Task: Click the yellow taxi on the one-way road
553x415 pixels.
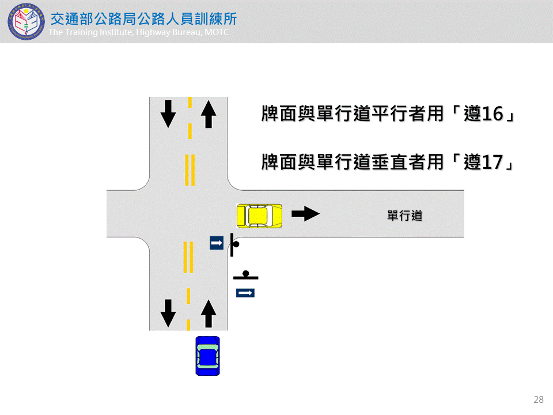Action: tap(259, 216)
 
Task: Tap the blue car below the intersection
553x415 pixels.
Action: tap(207, 356)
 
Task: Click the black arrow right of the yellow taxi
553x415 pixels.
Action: tap(305, 214)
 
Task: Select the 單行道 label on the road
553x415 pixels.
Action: tap(404, 216)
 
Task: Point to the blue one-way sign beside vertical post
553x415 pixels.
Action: tap(216, 243)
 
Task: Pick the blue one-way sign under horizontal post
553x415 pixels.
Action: tap(245, 293)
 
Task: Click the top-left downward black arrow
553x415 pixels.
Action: tap(168, 114)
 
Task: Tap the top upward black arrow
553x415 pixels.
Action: tap(208, 114)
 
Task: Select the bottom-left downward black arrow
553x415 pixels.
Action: tap(168, 313)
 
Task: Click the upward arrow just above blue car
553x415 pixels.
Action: tap(208, 314)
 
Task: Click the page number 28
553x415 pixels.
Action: tap(539, 399)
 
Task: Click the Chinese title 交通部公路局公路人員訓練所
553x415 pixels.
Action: tap(143, 18)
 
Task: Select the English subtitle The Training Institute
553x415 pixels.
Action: tap(138, 32)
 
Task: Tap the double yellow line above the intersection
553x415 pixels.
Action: tap(189, 169)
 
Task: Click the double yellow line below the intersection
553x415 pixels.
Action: tap(188, 257)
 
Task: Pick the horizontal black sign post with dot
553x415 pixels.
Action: tap(246, 276)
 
